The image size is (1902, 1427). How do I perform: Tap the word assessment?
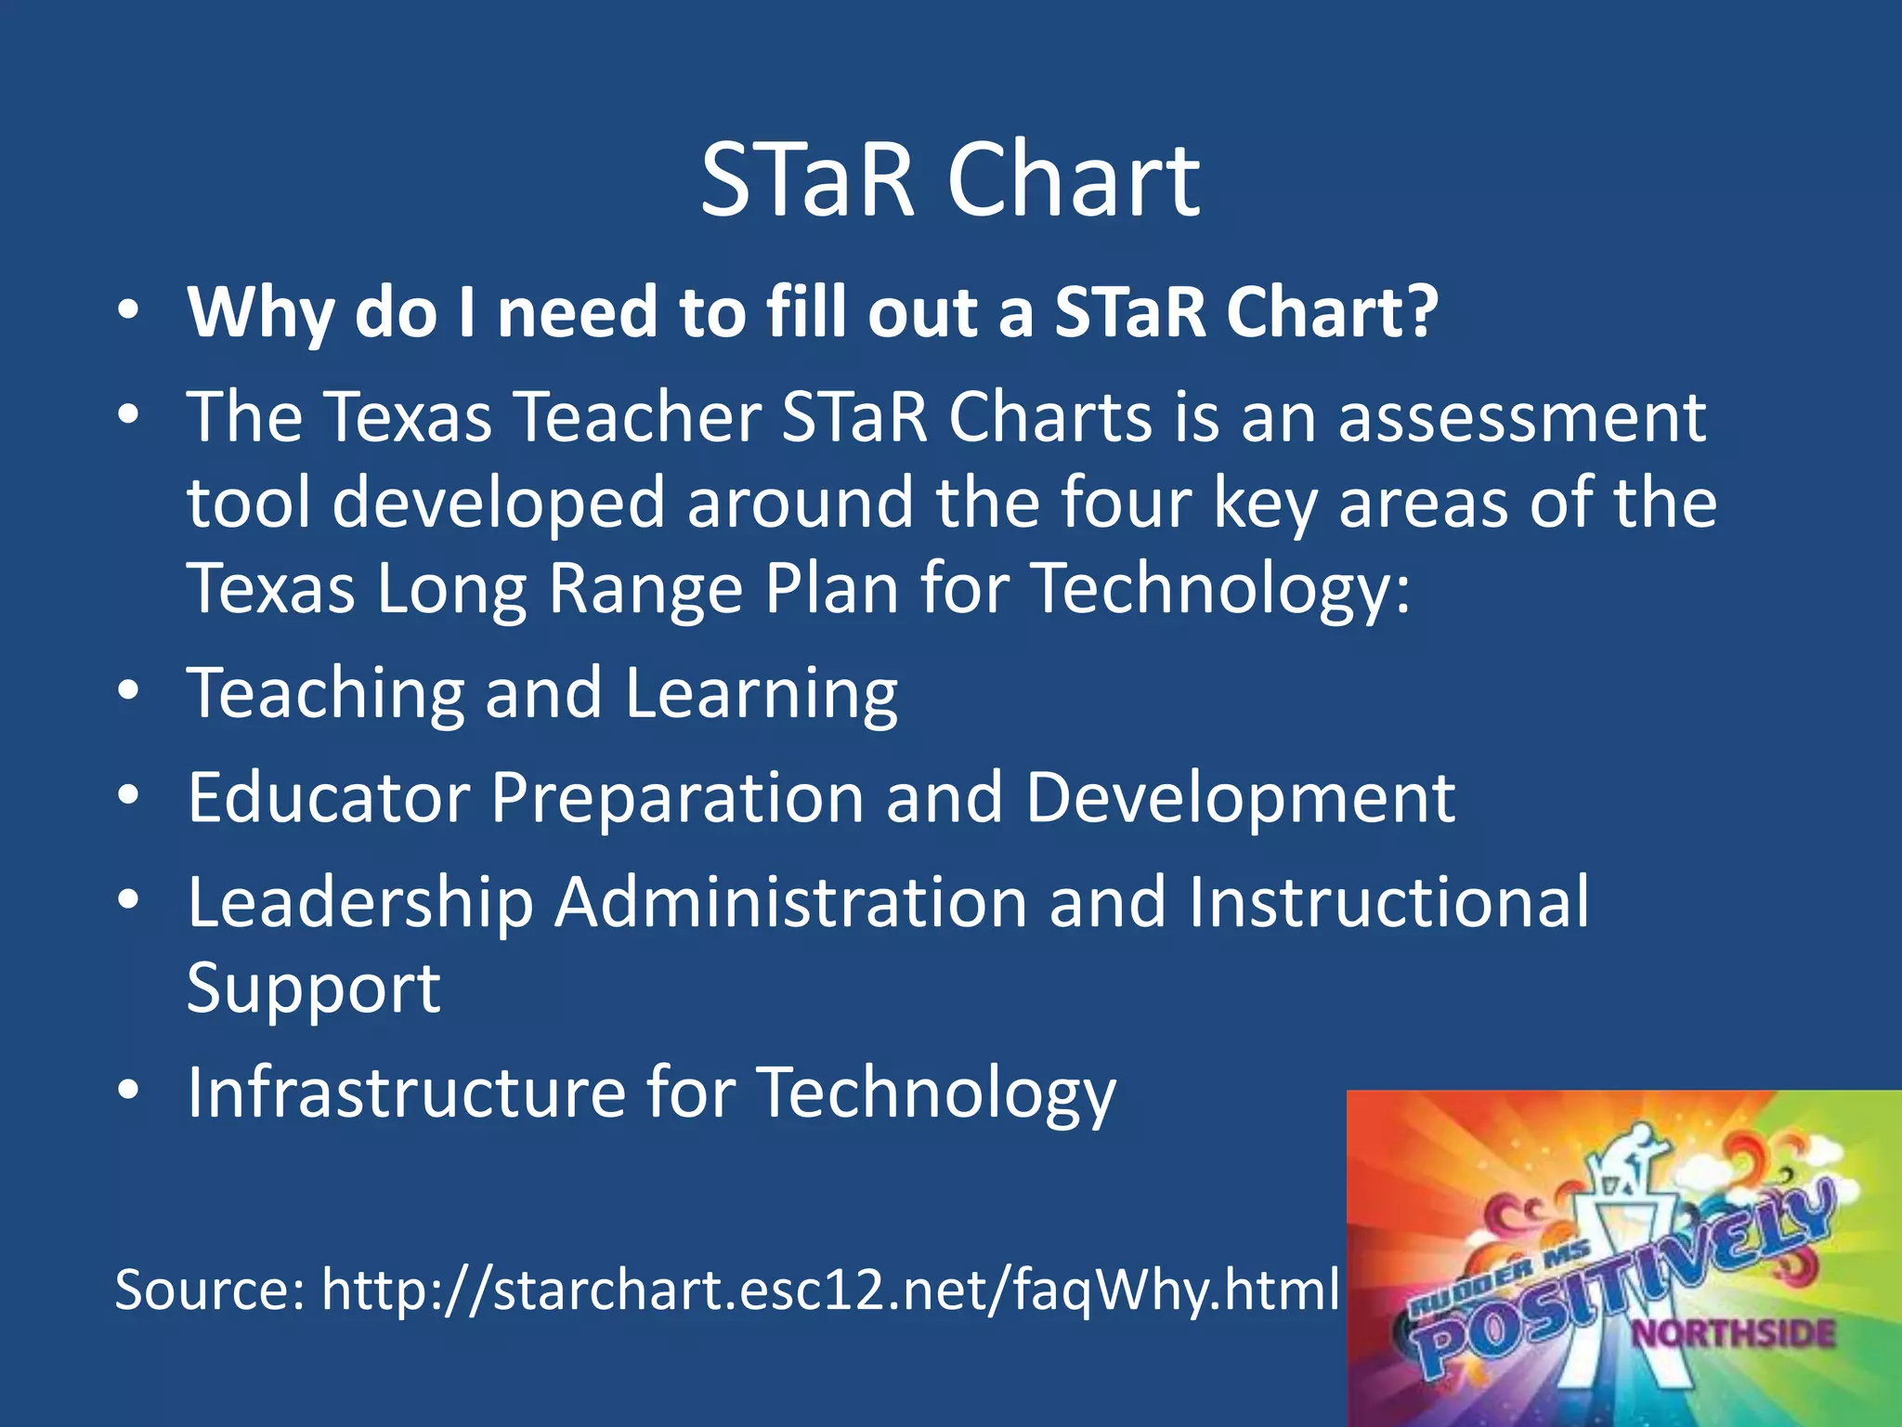1521,417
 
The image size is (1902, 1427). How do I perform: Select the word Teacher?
638,417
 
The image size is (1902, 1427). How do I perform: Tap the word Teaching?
325,695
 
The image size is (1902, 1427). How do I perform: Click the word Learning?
761,695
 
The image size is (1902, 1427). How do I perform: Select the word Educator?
329,798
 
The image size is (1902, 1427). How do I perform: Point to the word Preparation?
676,800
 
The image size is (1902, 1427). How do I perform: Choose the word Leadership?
360,903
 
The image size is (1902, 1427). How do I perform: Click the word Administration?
790,902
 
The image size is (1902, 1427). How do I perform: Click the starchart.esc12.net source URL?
829,1290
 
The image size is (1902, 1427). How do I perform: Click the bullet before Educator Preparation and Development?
129,795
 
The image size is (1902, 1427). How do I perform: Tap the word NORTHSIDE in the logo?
1733,1334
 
